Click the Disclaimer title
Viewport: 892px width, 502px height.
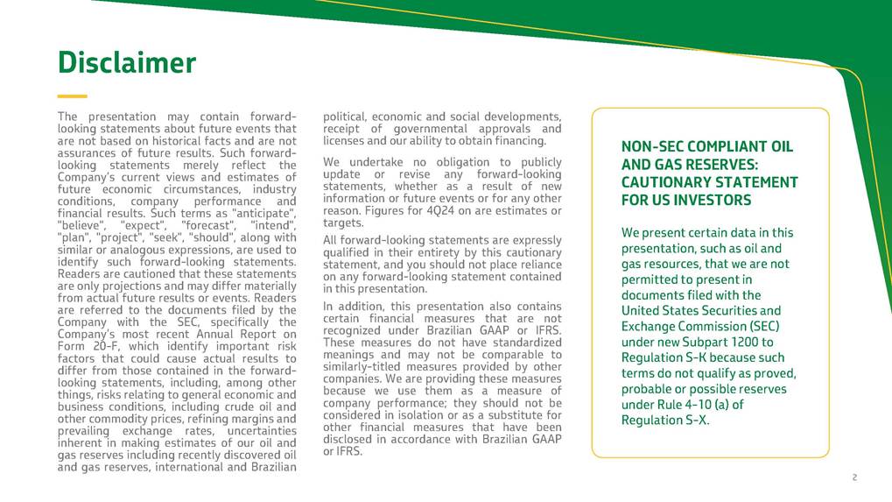pyautogui.click(x=127, y=63)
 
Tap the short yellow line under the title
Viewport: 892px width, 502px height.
pyautogui.click(x=72, y=96)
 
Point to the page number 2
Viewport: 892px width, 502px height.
pyautogui.click(x=854, y=477)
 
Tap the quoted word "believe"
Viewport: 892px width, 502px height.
pyautogui.click(x=81, y=226)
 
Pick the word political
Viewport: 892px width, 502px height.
pyautogui.click(x=346, y=117)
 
